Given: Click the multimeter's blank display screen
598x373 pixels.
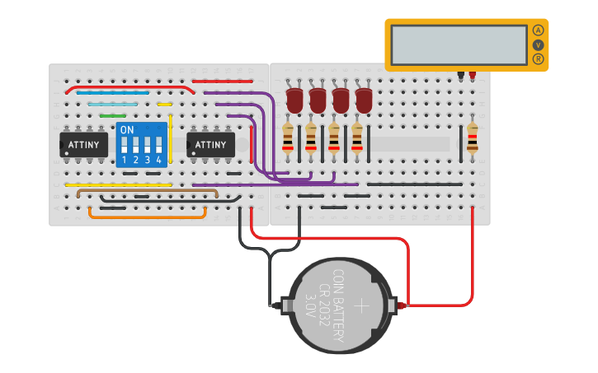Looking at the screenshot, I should point(459,44).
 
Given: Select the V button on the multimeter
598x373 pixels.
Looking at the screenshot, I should point(539,44).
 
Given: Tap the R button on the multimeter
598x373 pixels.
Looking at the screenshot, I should point(539,58).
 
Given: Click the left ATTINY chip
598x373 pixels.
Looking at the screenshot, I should point(84,145).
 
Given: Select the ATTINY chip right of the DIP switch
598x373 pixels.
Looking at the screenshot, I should point(210,145).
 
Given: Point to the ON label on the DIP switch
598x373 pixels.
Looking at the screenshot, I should point(127,130).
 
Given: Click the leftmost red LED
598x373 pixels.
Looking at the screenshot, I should point(294,100).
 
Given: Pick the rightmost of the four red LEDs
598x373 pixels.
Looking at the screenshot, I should point(364,100).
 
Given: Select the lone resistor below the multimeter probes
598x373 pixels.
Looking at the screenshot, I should point(472,138).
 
